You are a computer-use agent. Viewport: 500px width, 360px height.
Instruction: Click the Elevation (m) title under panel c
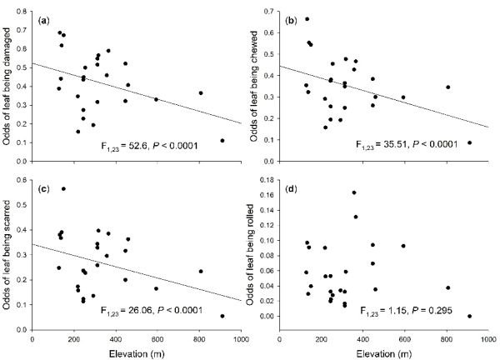[137, 351]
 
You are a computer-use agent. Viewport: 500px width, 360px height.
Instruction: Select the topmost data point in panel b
[307, 19]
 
